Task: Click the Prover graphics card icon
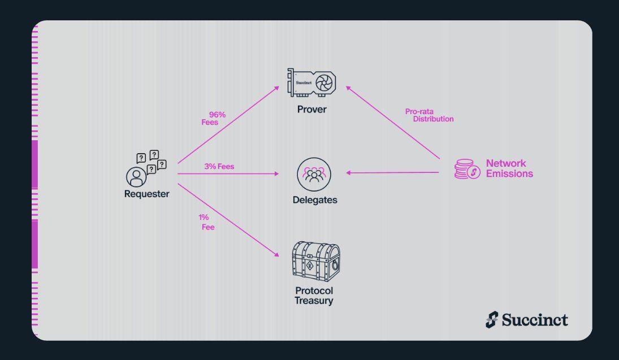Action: (311, 83)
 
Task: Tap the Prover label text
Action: (312, 109)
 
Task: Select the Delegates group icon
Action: (314, 174)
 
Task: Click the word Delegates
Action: (315, 199)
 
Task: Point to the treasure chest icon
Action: (316, 261)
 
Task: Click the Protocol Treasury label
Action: (314, 296)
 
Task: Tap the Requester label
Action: (146, 194)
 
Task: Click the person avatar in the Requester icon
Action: (136, 177)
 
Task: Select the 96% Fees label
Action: (214, 119)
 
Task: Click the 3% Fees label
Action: (219, 167)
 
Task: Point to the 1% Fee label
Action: (206, 222)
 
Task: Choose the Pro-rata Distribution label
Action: (429, 115)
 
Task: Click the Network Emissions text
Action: (509, 168)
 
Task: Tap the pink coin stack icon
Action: (467, 169)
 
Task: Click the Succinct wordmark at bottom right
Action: (535, 320)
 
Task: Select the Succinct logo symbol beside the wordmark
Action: (492, 320)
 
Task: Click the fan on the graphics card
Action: (326, 83)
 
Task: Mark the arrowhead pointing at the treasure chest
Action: (277, 254)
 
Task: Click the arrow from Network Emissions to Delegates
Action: (392, 172)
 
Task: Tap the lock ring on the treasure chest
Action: (335, 265)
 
